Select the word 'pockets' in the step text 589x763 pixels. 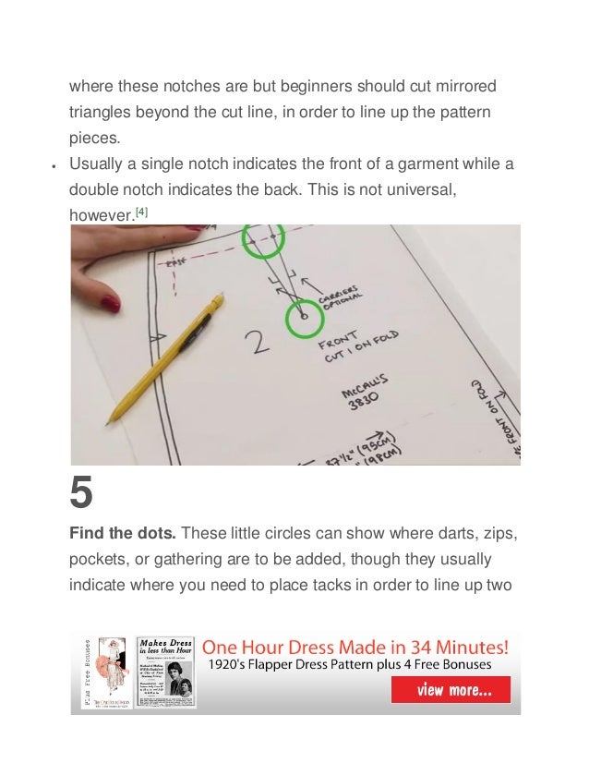101,562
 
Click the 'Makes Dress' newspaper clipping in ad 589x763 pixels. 166,671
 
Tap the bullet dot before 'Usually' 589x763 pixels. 54,167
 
